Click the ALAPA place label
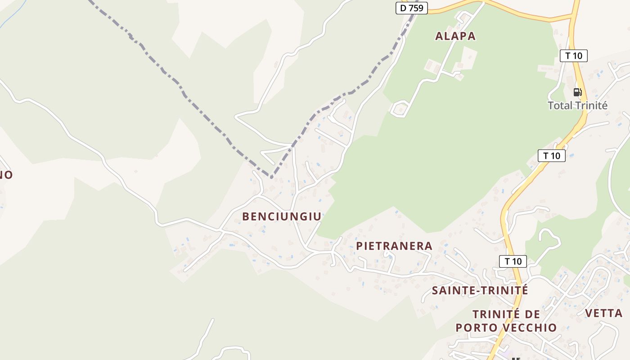coord(455,36)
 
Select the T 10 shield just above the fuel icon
coord(573,56)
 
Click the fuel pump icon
coord(577,92)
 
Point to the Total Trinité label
coord(577,106)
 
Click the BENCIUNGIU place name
coord(282,216)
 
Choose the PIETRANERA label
coord(394,246)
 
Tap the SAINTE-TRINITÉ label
coord(480,290)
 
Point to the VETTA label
coord(603,313)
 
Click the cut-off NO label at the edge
coord(5,175)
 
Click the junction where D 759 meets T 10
coord(573,17)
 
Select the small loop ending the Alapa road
coord(399,109)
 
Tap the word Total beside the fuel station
coord(560,106)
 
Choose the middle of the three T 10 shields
coord(551,156)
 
